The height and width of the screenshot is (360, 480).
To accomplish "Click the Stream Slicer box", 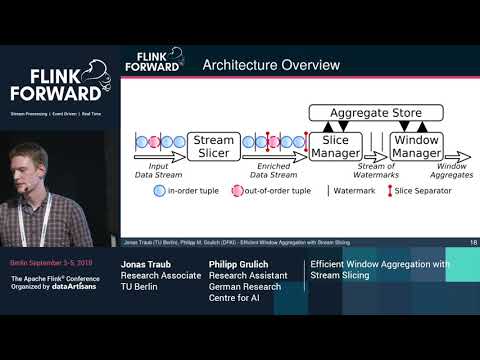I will (x=213, y=147).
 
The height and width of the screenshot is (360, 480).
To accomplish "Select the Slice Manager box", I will (x=335, y=147).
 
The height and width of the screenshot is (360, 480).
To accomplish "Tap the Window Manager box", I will (x=415, y=147).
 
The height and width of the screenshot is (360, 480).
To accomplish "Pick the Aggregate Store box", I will (x=374, y=113).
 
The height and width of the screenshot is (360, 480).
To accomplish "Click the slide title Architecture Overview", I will (x=271, y=66).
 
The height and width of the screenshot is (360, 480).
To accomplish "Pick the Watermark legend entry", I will (x=354, y=190).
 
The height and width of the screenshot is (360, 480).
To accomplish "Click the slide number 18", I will (x=472, y=242).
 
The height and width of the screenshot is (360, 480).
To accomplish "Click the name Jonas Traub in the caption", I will (x=148, y=264).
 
